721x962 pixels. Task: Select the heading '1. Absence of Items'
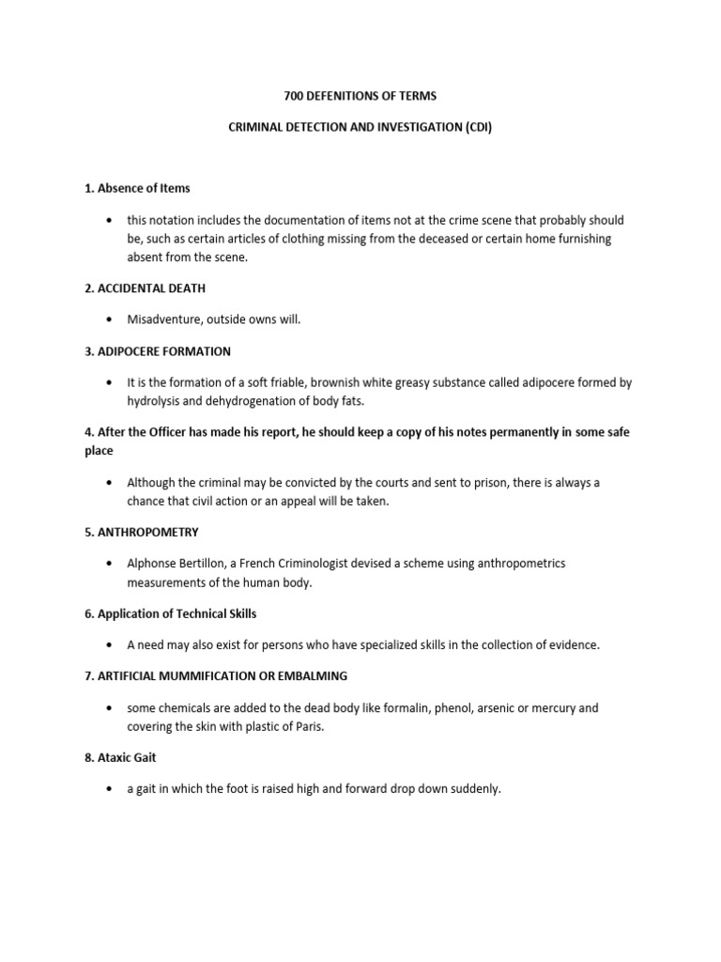click(137, 188)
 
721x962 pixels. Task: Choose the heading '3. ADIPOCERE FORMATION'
click(158, 351)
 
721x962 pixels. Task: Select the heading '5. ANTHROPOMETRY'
click(142, 532)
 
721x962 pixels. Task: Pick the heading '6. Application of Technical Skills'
click(170, 613)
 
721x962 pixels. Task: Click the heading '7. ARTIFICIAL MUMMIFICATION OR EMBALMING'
click(216, 676)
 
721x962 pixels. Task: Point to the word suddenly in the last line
click(475, 789)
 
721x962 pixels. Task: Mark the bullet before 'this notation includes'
click(111, 220)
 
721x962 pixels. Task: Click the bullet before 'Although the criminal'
click(111, 482)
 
